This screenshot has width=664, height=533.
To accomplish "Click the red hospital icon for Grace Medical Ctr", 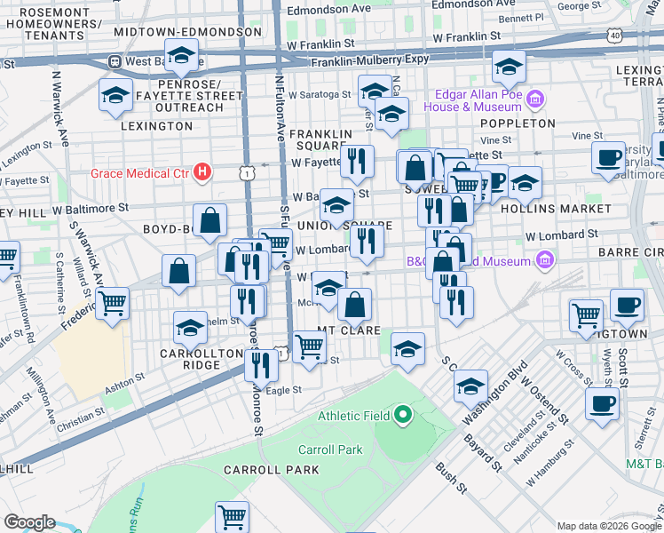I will [202, 171].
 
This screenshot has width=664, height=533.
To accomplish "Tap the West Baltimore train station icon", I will [115, 62].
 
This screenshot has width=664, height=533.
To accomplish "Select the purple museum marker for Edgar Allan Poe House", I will [535, 96].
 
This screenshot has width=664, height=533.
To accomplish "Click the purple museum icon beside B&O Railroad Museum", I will [545, 261].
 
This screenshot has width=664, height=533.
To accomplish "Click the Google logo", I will [30, 522].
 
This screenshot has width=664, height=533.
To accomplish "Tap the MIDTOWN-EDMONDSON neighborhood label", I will [187, 31].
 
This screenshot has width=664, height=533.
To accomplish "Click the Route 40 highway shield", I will [615, 35].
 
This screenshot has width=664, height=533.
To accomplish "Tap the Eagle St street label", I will [283, 389].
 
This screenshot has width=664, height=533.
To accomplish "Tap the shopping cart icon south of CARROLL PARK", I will [232, 515].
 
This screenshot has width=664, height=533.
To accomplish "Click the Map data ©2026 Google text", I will [608, 525].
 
